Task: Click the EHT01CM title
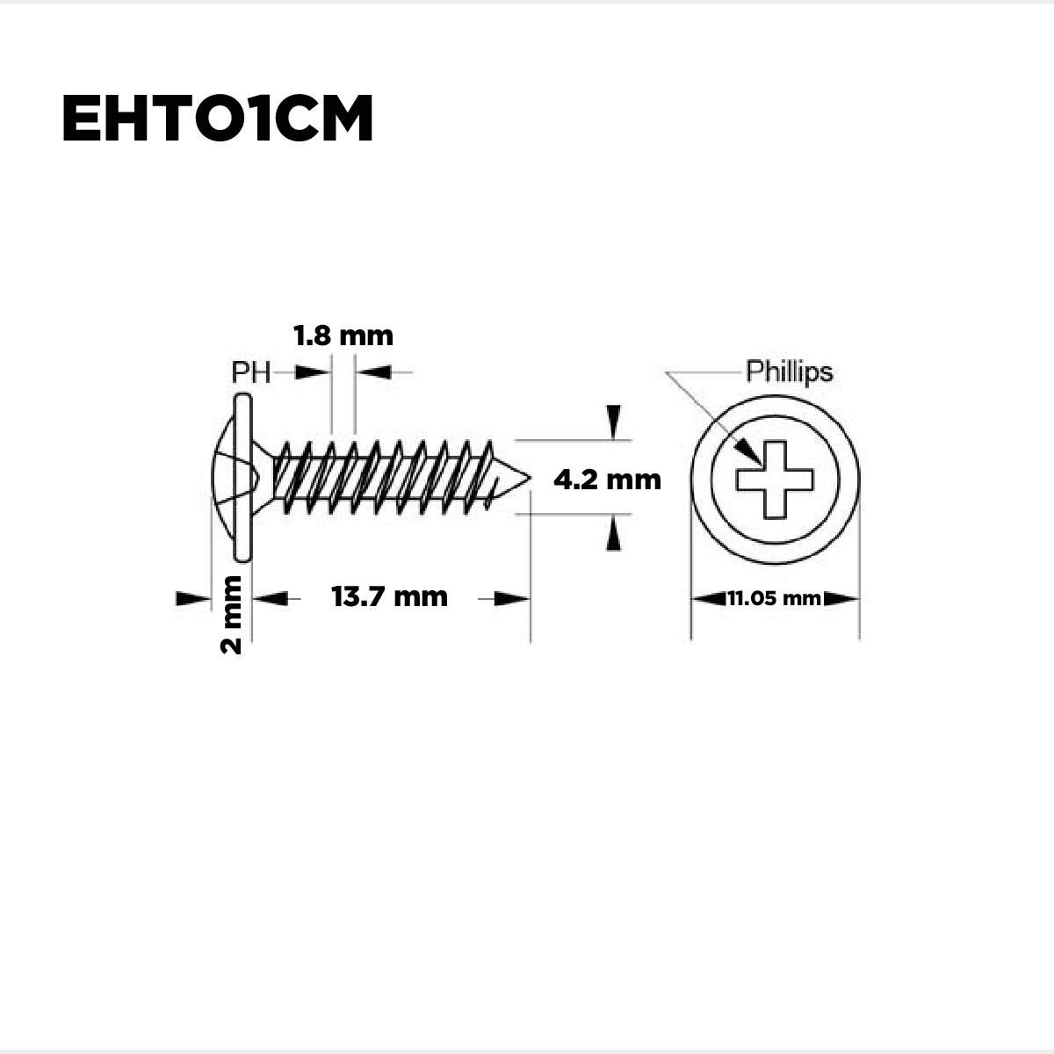(217, 118)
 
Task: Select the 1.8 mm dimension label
(343, 336)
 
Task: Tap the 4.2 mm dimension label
(607, 480)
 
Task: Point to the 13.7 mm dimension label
(389, 596)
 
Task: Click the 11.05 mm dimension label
(774, 598)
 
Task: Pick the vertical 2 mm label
(231, 615)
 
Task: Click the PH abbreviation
(251, 372)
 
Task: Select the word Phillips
(790, 372)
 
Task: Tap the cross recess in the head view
(775, 480)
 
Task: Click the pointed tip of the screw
(530, 478)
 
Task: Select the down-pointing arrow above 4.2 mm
(614, 422)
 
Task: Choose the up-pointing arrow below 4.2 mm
(614, 533)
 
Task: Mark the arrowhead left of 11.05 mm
(709, 598)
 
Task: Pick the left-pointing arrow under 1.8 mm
(373, 372)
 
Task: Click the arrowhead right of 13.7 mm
(512, 598)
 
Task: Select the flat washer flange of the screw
(242, 478)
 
